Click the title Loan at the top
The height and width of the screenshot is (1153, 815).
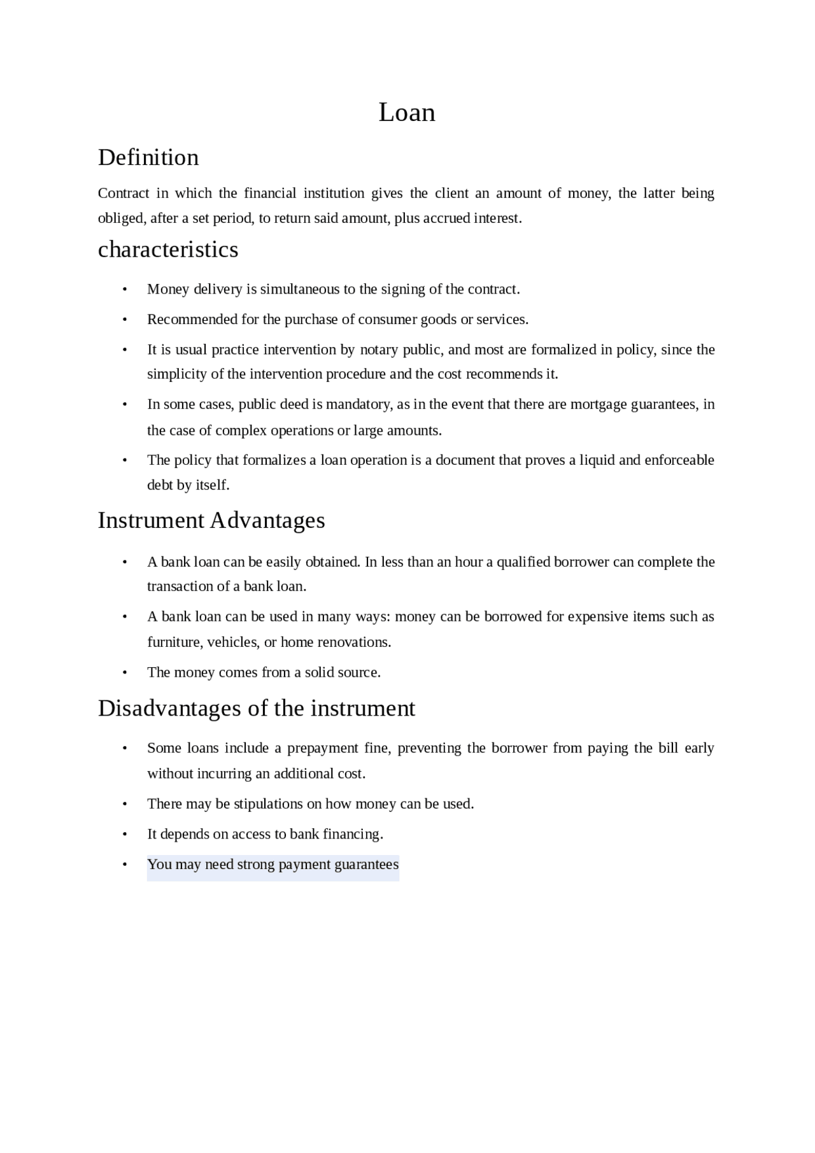coord(407,113)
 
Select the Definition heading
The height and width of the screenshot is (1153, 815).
coord(148,157)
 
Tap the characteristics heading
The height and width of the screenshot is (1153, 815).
coord(168,250)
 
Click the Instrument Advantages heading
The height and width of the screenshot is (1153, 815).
coord(211,520)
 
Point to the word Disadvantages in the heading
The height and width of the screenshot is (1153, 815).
coord(169,708)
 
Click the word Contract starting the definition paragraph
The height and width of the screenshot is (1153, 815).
coord(124,193)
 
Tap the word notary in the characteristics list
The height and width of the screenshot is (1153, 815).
coord(379,350)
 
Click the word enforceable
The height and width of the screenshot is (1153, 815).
coord(679,460)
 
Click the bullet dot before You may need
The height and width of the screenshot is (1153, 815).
coord(125,865)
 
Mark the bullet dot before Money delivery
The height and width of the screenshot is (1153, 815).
coord(125,290)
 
